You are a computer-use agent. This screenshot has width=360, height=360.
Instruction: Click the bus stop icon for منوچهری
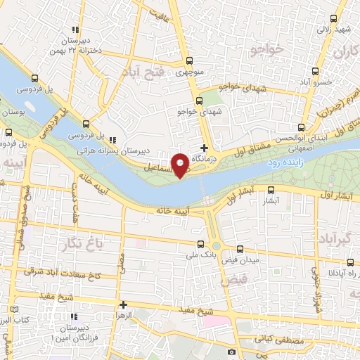[188, 60]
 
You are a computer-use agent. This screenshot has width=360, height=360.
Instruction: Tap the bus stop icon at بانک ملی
[202, 245]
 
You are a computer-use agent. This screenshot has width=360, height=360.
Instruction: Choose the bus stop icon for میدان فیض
[240, 250]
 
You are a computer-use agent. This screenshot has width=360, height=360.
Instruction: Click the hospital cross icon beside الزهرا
[124, 305]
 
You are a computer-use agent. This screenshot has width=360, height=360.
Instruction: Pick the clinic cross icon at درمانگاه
[205, 148]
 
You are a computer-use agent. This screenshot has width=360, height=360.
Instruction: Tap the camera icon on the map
[232, 352]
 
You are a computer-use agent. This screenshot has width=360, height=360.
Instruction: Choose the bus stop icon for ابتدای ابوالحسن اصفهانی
[302, 128]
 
